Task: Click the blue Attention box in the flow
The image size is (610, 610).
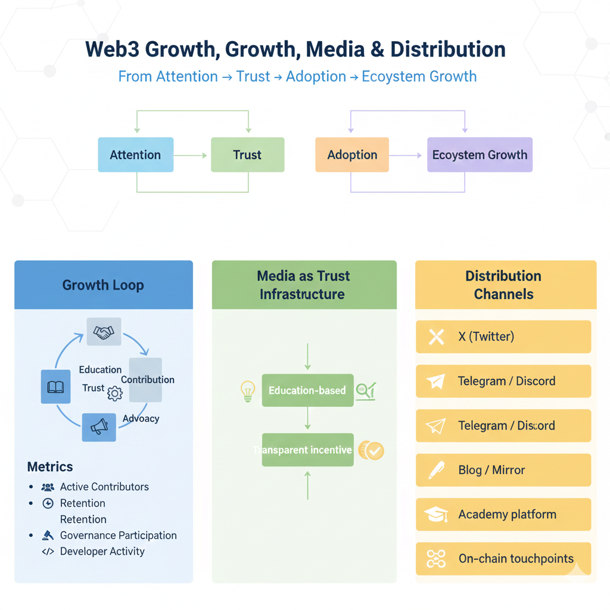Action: coord(135,155)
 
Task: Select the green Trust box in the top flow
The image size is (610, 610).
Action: coord(247,155)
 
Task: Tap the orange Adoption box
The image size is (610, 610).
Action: coord(352,155)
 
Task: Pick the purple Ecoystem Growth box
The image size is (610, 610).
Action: coord(480,155)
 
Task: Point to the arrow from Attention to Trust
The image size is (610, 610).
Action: coord(191,155)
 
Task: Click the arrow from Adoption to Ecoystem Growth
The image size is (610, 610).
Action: coord(406,155)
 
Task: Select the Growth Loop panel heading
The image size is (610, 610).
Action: coord(103,285)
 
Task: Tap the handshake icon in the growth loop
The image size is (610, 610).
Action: coord(104,332)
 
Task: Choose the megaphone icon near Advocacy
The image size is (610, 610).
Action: coord(99,426)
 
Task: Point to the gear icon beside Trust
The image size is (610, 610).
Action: coord(114,393)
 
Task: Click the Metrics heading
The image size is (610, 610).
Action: coord(50,466)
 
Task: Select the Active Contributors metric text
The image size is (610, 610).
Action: coord(104,487)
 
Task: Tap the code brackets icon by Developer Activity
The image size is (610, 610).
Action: coord(48,552)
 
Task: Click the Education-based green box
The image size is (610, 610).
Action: coord(307,391)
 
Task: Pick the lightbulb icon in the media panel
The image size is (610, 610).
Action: coord(247,391)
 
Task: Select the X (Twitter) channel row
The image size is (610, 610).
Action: coord(503,337)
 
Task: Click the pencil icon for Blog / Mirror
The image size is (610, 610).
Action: coord(436,471)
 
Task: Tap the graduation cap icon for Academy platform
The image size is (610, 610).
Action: coord(436,515)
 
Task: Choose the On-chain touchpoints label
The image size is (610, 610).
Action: coord(516,559)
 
